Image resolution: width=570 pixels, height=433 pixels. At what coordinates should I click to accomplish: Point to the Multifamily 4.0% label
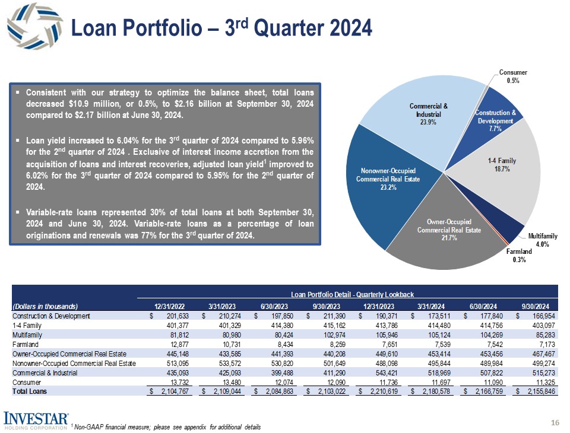pyautogui.click(x=542, y=240)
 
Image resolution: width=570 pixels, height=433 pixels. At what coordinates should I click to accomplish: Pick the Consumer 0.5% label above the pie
pyautogui.click(x=512, y=77)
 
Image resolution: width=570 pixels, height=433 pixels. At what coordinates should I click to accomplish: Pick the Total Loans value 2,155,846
pyautogui.click(x=540, y=391)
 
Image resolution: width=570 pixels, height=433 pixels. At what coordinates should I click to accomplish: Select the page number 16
pyautogui.click(x=556, y=422)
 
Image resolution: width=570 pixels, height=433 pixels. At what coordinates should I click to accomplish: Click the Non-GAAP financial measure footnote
pyautogui.click(x=166, y=427)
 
